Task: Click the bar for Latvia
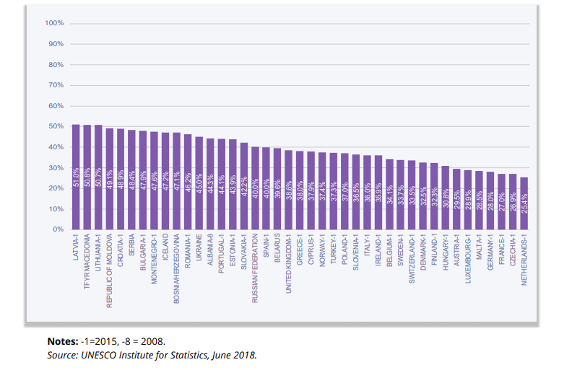(76, 177)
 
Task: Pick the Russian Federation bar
(255, 188)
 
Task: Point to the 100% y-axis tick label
(54, 23)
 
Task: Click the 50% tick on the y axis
(56, 126)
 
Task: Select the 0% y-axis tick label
(58, 229)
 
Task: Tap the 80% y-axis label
(56, 64)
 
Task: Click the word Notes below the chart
(62, 340)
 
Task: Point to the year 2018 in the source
(243, 355)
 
